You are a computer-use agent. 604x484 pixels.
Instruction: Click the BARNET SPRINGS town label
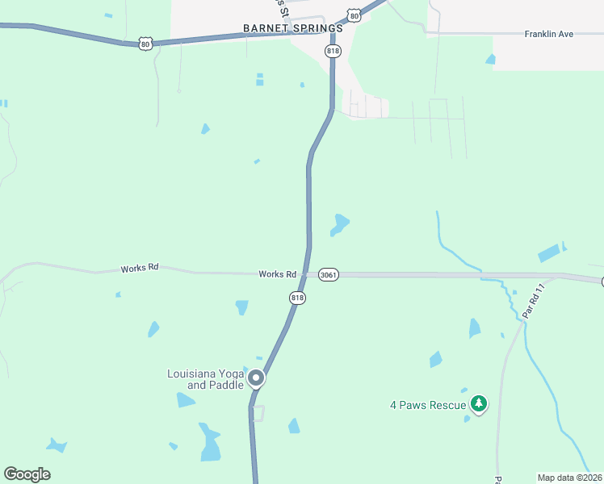(x=292, y=28)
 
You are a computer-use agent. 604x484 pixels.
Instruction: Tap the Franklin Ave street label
(x=548, y=34)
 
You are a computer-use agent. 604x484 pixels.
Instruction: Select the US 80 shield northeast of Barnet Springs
(x=354, y=15)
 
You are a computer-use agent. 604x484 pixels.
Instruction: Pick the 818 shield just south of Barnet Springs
(x=333, y=51)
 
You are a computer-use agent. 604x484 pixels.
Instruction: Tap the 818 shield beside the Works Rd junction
(x=297, y=298)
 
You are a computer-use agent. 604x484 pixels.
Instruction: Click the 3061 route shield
(x=328, y=275)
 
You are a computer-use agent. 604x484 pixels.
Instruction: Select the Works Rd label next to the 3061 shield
(x=276, y=274)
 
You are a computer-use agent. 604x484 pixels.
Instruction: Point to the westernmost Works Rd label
(x=139, y=268)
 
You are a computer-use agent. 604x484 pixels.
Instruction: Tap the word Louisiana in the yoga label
(x=193, y=373)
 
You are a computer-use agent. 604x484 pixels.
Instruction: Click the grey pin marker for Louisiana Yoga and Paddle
(x=256, y=378)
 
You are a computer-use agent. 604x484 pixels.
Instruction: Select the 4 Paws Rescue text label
(x=428, y=405)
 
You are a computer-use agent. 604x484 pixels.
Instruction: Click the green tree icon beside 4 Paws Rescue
(x=479, y=403)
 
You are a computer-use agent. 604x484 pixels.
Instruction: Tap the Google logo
(x=27, y=474)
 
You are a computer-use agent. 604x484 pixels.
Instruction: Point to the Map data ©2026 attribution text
(x=569, y=478)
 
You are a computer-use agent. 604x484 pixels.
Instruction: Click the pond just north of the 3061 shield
(x=340, y=224)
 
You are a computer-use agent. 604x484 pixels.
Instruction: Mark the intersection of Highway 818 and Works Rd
(x=305, y=274)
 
